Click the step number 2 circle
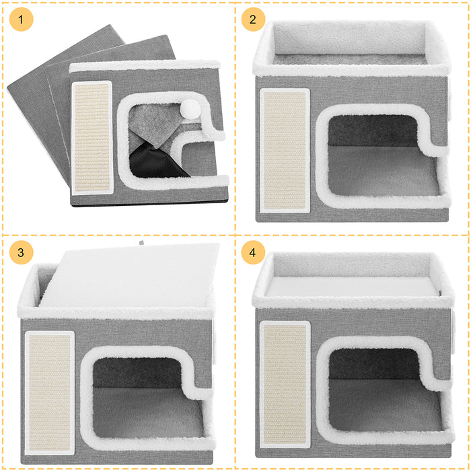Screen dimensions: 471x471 pos(253,20)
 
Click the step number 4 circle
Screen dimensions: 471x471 pos(253,253)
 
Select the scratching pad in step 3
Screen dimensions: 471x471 pos(49,392)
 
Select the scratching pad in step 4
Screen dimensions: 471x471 pos(285,381)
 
